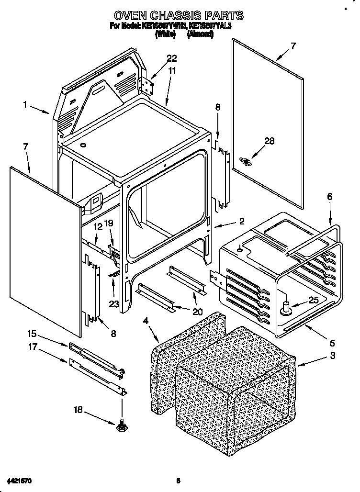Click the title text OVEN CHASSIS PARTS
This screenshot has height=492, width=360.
click(176, 16)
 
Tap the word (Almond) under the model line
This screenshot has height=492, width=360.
click(199, 34)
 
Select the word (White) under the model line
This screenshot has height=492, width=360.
click(165, 34)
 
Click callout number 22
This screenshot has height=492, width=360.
click(171, 59)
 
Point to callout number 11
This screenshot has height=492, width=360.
click(171, 70)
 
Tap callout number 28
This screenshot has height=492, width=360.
click(270, 140)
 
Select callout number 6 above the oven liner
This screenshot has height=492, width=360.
click(329, 197)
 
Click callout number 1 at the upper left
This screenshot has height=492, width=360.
click(25, 103)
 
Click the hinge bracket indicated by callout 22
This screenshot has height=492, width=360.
click(146, 86)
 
